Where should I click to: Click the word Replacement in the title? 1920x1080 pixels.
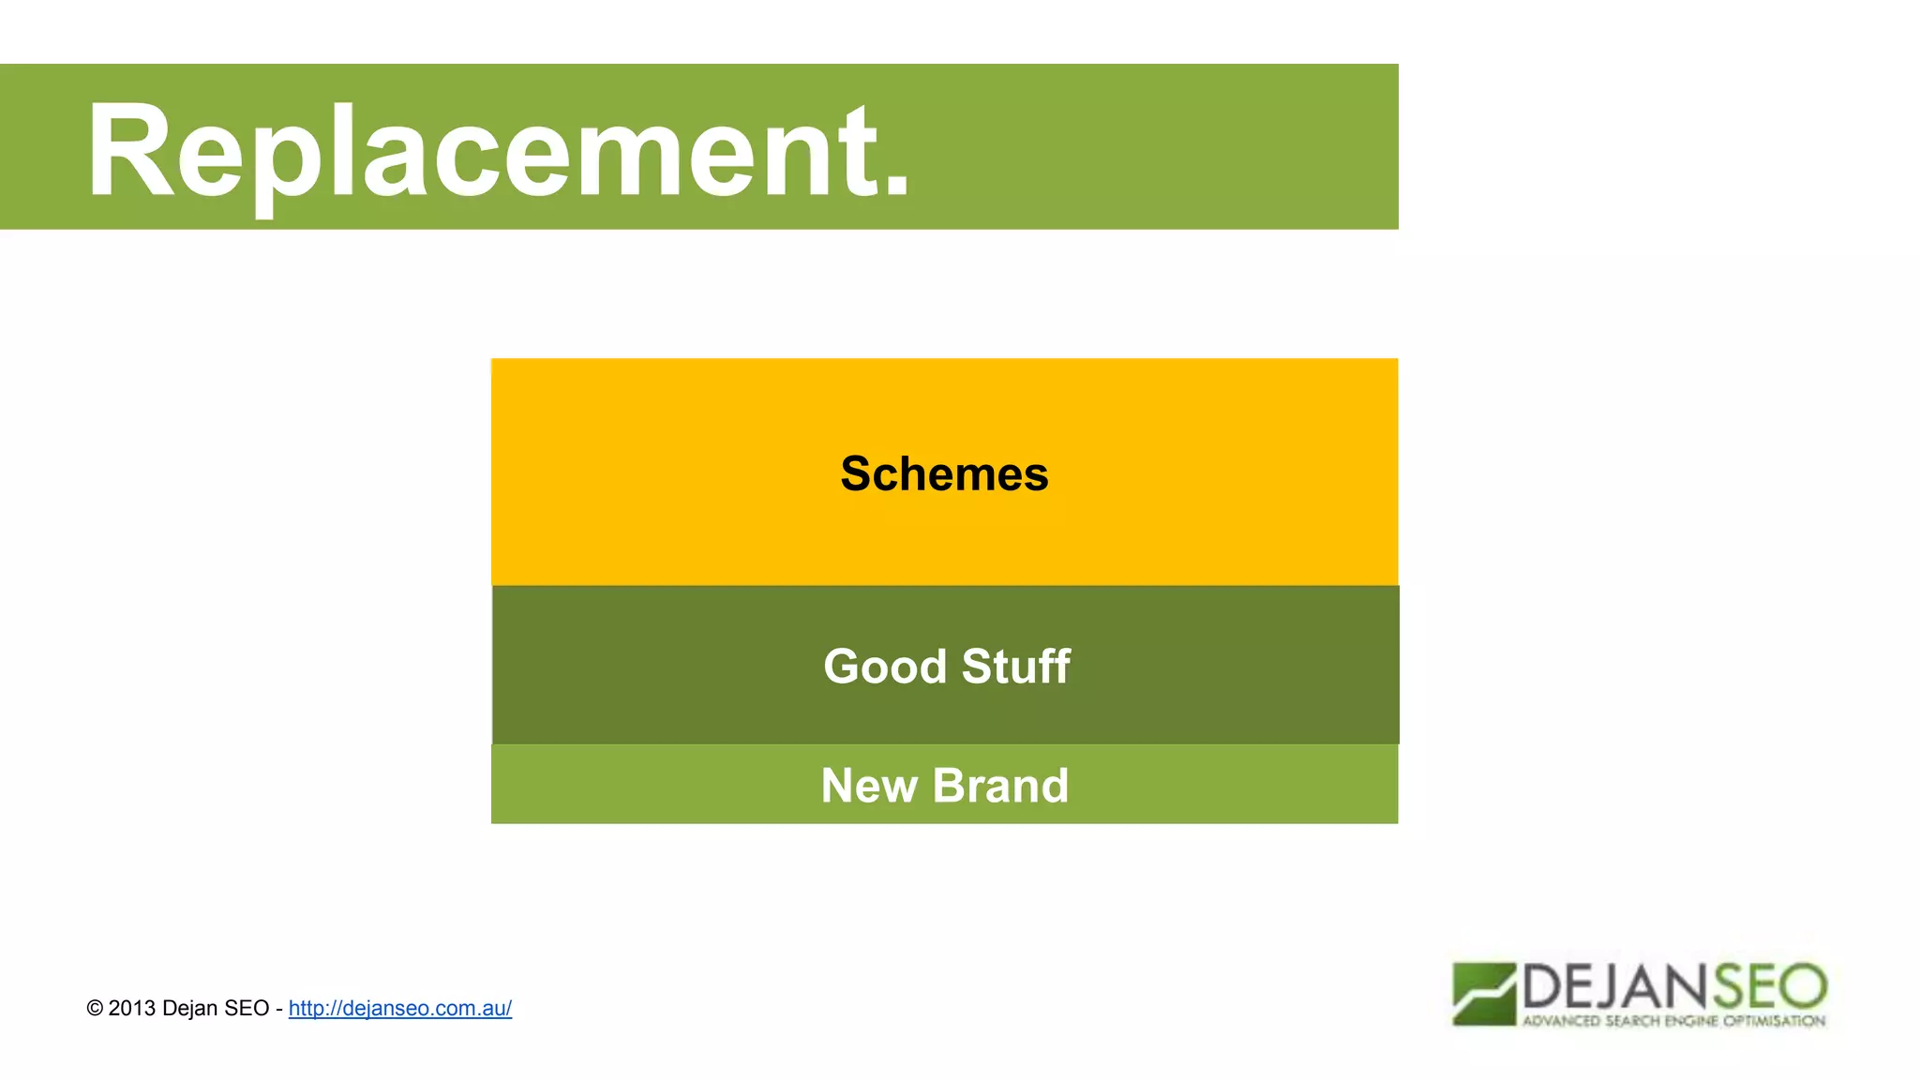[497, 150]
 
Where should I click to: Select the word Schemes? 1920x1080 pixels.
[944, 473]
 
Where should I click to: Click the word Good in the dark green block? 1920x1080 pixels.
[885, 667]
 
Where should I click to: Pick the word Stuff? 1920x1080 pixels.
[1015, 667]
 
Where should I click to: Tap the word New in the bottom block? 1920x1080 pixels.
[868, 786]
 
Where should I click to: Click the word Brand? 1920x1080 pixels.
[1000, 786]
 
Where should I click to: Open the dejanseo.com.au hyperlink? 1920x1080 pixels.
[399, 1008]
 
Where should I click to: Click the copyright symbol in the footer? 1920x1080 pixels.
[95, 1009]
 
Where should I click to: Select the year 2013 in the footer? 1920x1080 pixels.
[131, 1009]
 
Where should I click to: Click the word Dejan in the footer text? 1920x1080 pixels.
[190, 1009]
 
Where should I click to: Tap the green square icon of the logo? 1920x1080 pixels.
[1483, 994]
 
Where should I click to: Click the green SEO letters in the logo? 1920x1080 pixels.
[1770, 986]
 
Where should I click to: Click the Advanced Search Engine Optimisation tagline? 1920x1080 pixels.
[1673, 1021]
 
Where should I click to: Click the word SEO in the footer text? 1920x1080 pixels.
[247, 1009]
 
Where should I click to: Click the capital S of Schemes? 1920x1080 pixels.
[857, 473]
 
